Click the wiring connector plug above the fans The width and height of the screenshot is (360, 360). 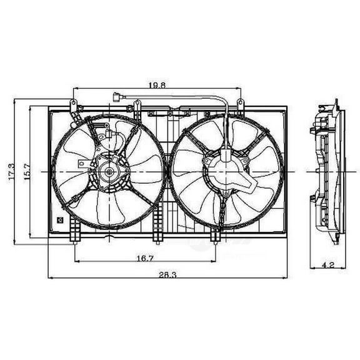[x=117, y=97]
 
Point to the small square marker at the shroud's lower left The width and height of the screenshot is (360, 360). [x=59, y=219]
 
